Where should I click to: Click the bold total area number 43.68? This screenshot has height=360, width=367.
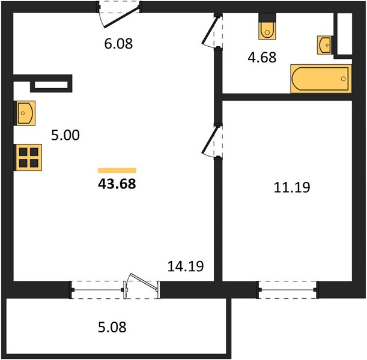point(117,184)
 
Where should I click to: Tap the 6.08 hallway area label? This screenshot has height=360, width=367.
point(118,44)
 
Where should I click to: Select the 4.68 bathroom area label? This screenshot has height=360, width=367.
point(262,58)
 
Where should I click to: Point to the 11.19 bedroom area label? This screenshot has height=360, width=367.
point(292,187)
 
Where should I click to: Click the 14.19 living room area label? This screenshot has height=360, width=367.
point(186,266)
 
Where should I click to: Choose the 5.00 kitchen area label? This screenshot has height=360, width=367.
point(65,136)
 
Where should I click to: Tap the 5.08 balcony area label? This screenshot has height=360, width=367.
point(112,327)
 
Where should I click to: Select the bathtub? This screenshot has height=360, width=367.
point(321,79)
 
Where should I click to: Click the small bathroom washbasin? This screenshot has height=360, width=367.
point(324,45)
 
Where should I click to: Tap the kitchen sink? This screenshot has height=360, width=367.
point(25,113)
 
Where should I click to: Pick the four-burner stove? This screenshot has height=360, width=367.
point(29,158)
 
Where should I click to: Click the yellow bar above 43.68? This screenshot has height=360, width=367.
point(117,170)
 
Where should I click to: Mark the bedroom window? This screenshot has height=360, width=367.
point(288,290)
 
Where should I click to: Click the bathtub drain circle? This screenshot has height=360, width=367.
point(344,79)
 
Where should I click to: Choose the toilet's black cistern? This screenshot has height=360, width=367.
point(267,17)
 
